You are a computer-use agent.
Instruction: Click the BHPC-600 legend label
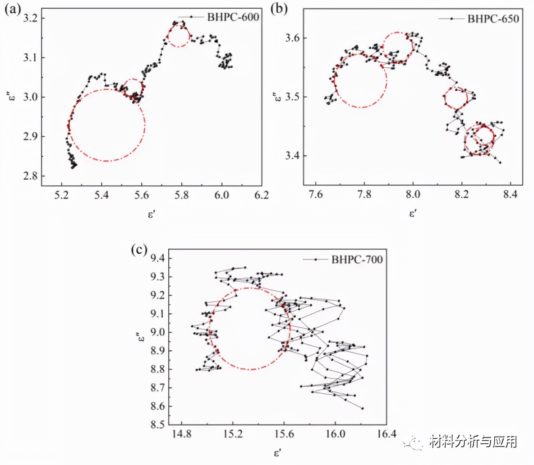click(x=233, y=18)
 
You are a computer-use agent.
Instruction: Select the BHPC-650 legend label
click(x=493, y=19)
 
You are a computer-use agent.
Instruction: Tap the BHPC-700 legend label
click(x=357, y=260)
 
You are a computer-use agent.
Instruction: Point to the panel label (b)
click(x=278, y=9)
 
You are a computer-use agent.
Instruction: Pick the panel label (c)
click(x=138, y=250)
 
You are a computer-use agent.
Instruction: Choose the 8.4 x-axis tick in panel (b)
click(x=510, y=195)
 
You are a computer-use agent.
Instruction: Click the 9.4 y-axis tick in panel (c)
click(x=157, y=259)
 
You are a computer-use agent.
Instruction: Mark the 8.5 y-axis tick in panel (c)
click(x=157, y=425)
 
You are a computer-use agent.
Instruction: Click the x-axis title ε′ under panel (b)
click(x=412, y=213)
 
